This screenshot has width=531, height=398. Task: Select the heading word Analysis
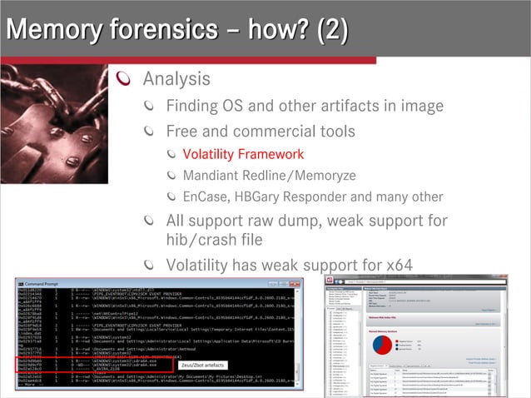tap(176, 79)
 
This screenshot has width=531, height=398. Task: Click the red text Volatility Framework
tap(243, 154)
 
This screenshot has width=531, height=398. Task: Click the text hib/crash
tap(201, 240)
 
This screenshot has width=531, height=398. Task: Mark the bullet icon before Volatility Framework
tap(171, 154)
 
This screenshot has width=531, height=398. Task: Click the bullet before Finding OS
tap(150, 107)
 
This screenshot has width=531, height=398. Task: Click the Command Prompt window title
tap(50, 284)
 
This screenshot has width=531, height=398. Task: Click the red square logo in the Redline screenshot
tap(330, 280)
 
